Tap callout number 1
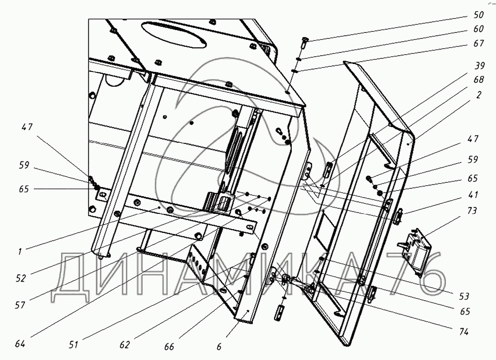tap(20, 252)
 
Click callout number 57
tap(20, 305)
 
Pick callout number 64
tap(20, 344)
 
